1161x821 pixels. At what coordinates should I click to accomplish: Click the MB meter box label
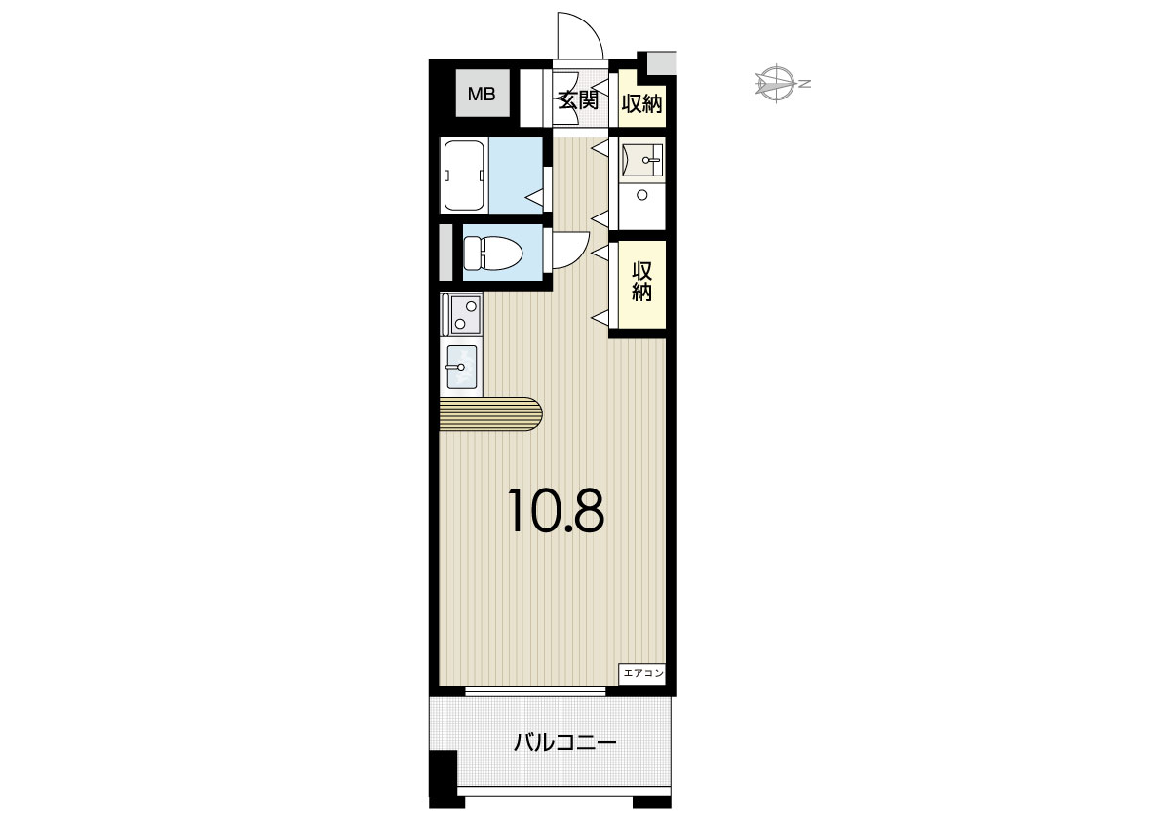(482, 94)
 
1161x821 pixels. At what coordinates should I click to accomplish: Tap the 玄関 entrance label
(577, 99)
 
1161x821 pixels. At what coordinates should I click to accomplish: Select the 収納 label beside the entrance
(641, 103)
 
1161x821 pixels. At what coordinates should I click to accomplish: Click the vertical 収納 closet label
(641, 282)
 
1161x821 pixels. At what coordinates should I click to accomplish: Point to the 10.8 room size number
(556, 511)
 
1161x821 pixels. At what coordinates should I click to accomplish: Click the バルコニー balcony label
(565, 742)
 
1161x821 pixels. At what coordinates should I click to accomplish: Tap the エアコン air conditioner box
(642, 673)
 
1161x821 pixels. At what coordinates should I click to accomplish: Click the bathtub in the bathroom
(464, 176)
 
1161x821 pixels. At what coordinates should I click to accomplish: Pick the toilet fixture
(492, 253)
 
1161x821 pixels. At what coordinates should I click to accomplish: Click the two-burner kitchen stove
(461, 314)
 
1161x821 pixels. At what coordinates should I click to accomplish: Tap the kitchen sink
(460, 367)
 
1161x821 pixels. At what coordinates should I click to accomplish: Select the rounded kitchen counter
(490, 413)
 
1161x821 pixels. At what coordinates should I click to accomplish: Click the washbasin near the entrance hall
(643, 159)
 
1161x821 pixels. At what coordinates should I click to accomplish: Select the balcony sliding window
(535, 691)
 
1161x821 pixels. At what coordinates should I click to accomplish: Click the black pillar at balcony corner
(443, 778)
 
